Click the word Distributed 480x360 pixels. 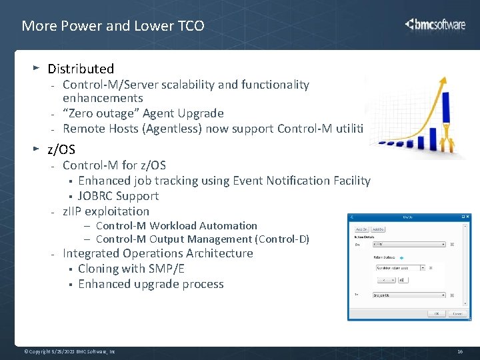click(x=81, y=69)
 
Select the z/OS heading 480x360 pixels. click(x=61, y=150)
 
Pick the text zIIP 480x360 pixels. click(x=74, y=211)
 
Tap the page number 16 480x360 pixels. click(x=459, y=351)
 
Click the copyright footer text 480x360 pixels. click(x=69, y=351)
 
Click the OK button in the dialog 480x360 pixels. click(x=437, y=313)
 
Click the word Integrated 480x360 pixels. click(x=93, y=253)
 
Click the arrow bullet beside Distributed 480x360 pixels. click(x=37, y=68)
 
